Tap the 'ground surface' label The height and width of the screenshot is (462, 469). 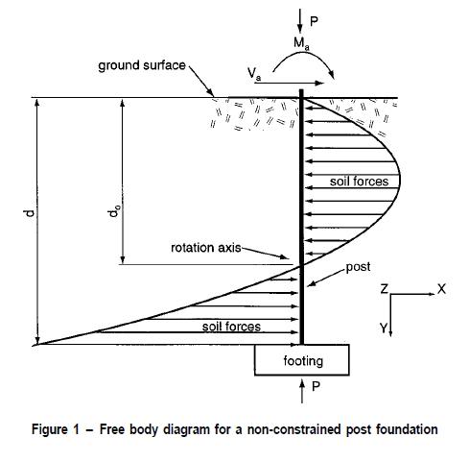click(142, 65)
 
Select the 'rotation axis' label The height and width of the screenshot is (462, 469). click(206, 248)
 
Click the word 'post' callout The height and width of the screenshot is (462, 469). click(358, 267)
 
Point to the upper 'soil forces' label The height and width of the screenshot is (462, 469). click(359, 182)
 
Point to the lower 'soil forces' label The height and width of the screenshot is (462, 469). click(231, 327)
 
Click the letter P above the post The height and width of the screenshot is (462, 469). click(314, 21)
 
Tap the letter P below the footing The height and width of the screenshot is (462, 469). click(316, 386)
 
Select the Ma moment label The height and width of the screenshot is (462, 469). click(301, 43)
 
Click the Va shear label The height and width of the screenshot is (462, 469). click(254, 74)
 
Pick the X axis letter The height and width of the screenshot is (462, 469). click(441, 289)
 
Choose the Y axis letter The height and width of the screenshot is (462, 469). click(384, 328)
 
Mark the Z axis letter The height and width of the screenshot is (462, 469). click(385, 289)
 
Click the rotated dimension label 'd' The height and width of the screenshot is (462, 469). click(30, 213)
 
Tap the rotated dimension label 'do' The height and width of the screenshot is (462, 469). click(114, 211)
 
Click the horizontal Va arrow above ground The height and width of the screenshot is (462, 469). click(289, 84)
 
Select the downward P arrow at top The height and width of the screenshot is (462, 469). click(300, 21)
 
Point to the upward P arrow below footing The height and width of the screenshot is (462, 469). click(302, 390)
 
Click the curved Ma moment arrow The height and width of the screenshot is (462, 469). click(304, 55)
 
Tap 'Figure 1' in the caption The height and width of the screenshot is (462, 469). click(55, 429)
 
